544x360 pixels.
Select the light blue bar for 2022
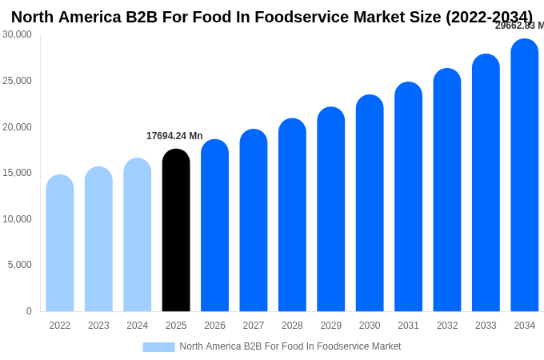point(60,243)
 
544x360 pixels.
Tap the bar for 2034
point(525,175)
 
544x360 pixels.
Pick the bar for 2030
point(370,203)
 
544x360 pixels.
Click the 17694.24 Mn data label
point(174,136)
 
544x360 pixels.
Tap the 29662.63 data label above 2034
point(519,26)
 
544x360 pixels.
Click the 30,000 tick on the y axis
point(17,34)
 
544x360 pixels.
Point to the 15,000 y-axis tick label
point(17,173)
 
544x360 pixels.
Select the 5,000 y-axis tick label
point(20,265)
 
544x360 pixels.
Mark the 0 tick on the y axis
point(29,311)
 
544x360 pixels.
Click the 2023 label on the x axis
point(98,326)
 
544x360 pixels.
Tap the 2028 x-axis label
point(292,326)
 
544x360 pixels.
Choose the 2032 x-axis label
point(447,326)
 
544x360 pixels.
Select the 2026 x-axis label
point(214,326)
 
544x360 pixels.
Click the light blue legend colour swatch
point(158,347)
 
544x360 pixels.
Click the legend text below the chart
point(290,346)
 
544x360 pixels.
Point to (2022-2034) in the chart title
point(488,17)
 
